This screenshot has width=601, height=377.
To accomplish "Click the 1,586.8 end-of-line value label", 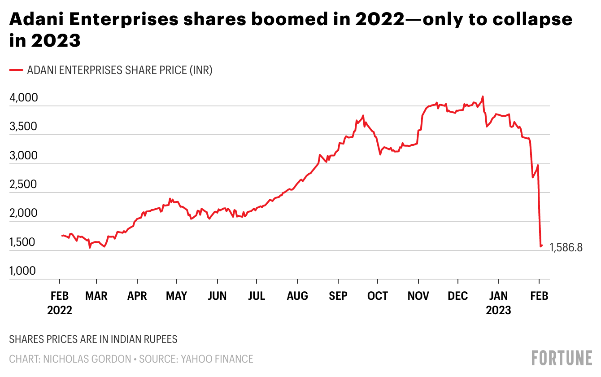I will [x=566, y=248].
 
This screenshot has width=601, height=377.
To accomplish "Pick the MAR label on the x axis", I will [x=96, y=296].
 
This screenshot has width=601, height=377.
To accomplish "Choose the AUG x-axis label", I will [x=297, y=296].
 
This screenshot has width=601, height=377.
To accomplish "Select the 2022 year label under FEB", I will [x=60, y=311].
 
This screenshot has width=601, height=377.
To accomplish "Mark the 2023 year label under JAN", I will [x=498, y=311].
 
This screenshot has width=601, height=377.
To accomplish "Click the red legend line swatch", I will [x=16, y=70].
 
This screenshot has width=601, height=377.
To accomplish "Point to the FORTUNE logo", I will [x=562, y=358].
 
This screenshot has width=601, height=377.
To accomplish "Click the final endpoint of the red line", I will [x=542, y=245].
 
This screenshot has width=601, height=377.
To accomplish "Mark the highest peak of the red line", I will [x=483, y=96].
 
